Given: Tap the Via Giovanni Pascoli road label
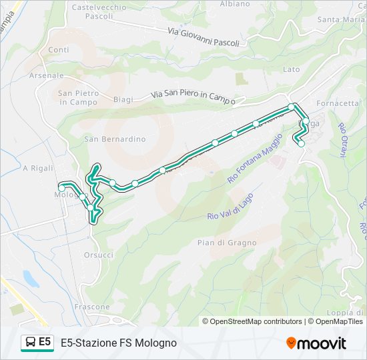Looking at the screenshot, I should click(x=204, y=37).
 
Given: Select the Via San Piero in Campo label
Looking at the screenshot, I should click(x=193, y=97).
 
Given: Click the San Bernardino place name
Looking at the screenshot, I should click(x=115, y=139).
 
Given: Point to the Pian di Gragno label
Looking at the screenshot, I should click(x=226, y=243).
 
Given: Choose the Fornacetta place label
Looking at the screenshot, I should click(x=338, y=103).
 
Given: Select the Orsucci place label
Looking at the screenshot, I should click(x=99, y=255).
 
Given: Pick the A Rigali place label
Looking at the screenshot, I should click(x=37, y=168).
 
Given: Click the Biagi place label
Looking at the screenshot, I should click(x=123, y=99).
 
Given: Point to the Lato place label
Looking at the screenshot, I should click(x=292, y=69).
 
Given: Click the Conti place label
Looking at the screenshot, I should click(x=59, y=50).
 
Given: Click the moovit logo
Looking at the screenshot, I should click(x=316, y=343).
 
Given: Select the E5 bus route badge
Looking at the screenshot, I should click(x=37, y=343).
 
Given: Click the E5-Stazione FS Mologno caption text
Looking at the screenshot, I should click(x=119, y=343).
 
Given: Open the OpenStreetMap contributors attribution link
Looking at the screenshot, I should click(x=256, y=321).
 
